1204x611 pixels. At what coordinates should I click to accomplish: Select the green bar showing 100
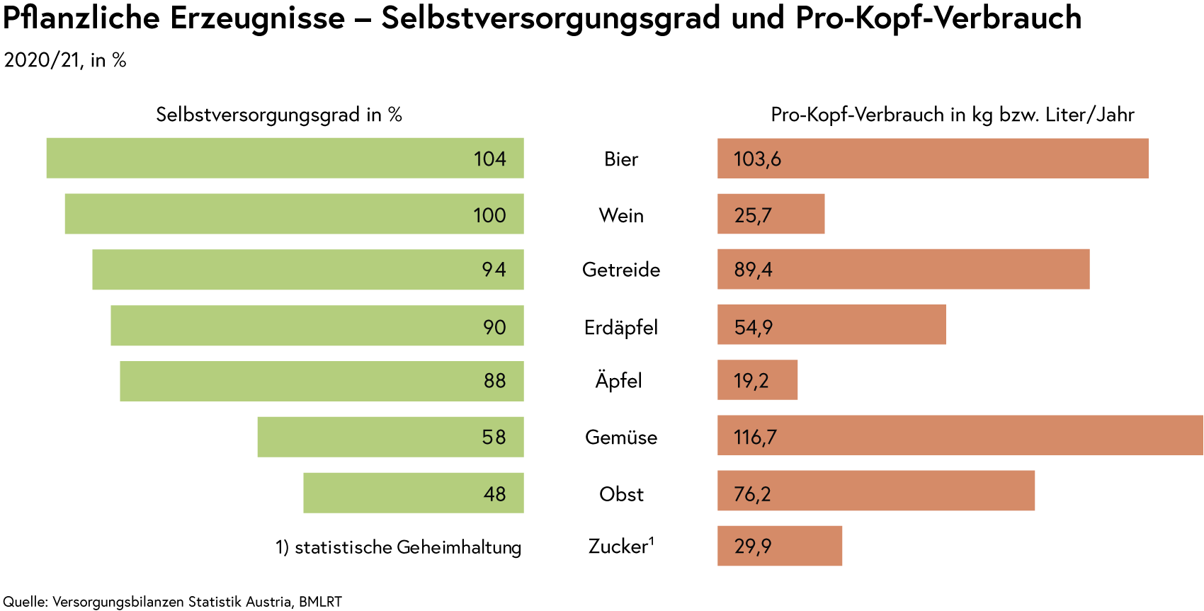pyautogui.click(x=293, y=214)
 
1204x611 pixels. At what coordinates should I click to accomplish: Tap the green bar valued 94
pyautogui.click(x=307, y=270)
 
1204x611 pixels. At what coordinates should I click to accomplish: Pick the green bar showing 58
pyautogui.click(x=390, y=437)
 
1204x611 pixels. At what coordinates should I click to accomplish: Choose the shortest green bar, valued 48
pyautogui.click(x=413, y=493)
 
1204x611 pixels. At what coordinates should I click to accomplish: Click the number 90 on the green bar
pyautogui.click(x=494, y=327)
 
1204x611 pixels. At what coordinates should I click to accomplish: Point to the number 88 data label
pyautogui.click(x=494, y=381)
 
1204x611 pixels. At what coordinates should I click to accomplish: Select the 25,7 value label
pyautogui.click(x=753, y=215)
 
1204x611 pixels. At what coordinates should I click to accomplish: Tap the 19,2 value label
pyautogui.click(x=751, y=381)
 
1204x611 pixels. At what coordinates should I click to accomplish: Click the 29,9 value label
pyautogui.click(x=753, y=547)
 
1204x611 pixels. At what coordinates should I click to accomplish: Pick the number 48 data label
pyautogui.click(x=494, y=493)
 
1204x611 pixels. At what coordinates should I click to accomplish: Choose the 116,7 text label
pyautogui.click(x=756, y=438)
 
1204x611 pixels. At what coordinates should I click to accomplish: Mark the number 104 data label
pyautogui.click(x=490, y=159)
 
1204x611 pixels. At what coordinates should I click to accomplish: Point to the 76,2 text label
pyautogui.click(x=752, y=493)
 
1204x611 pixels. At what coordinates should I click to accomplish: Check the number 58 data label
pyautogui.click(x=494, y=438)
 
